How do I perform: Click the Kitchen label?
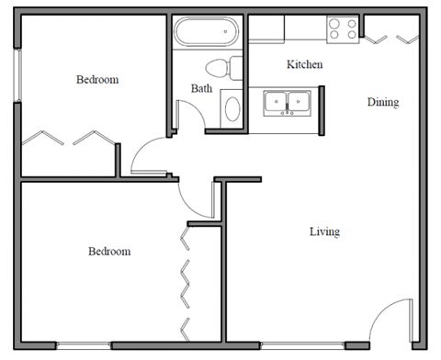click(x=305, y=64)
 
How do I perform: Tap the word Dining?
click(x=383, y=102)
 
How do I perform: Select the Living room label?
click(x=324, y=231)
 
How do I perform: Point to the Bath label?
click(x=202, y=88)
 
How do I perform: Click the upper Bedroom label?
click(x=96, y=80)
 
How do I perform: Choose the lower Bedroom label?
click(x=108, y=251)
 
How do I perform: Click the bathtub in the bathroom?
click(x=208, y=34)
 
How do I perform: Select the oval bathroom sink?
click(x=232, y=110)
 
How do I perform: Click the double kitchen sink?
click(x=288, y=103)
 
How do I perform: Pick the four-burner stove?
click(x=344, y=29)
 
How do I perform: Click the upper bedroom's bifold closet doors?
click(x=70, y=139)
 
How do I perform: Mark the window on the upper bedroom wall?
click(x=17, y=73)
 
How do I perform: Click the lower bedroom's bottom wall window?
click(x=84, y=346)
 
